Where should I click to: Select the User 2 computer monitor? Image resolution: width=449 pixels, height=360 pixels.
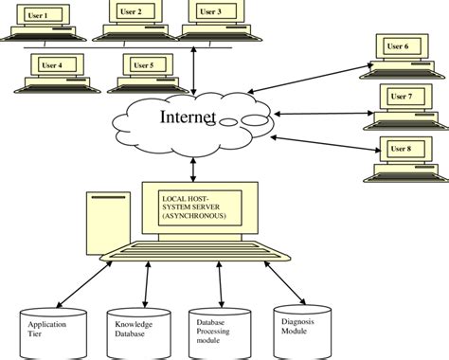tap(135, 13)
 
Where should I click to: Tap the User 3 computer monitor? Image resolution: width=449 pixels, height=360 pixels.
tap(213, 13)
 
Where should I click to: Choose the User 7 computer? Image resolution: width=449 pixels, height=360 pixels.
tap(402, 101)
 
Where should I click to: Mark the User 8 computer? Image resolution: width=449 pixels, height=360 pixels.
tap(402, 153)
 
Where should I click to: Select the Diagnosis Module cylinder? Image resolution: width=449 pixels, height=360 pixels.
tap(302, 327)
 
